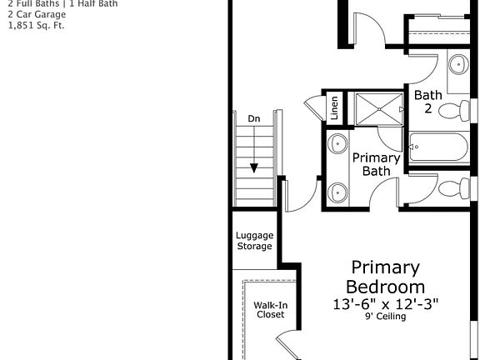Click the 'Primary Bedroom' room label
point(385,277)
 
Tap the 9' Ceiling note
point(385,317)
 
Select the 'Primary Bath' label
point(376,164)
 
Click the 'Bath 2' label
point(428,102)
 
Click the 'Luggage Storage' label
point(254,241)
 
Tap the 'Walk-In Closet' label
point(269,309)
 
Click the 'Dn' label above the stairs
point(254,119)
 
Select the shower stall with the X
point(377,108)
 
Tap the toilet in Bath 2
point(454,109)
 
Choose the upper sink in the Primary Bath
point(337,145)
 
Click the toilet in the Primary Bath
point(455,187)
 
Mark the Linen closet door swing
point(313,107)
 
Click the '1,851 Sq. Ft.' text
point(36,26)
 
